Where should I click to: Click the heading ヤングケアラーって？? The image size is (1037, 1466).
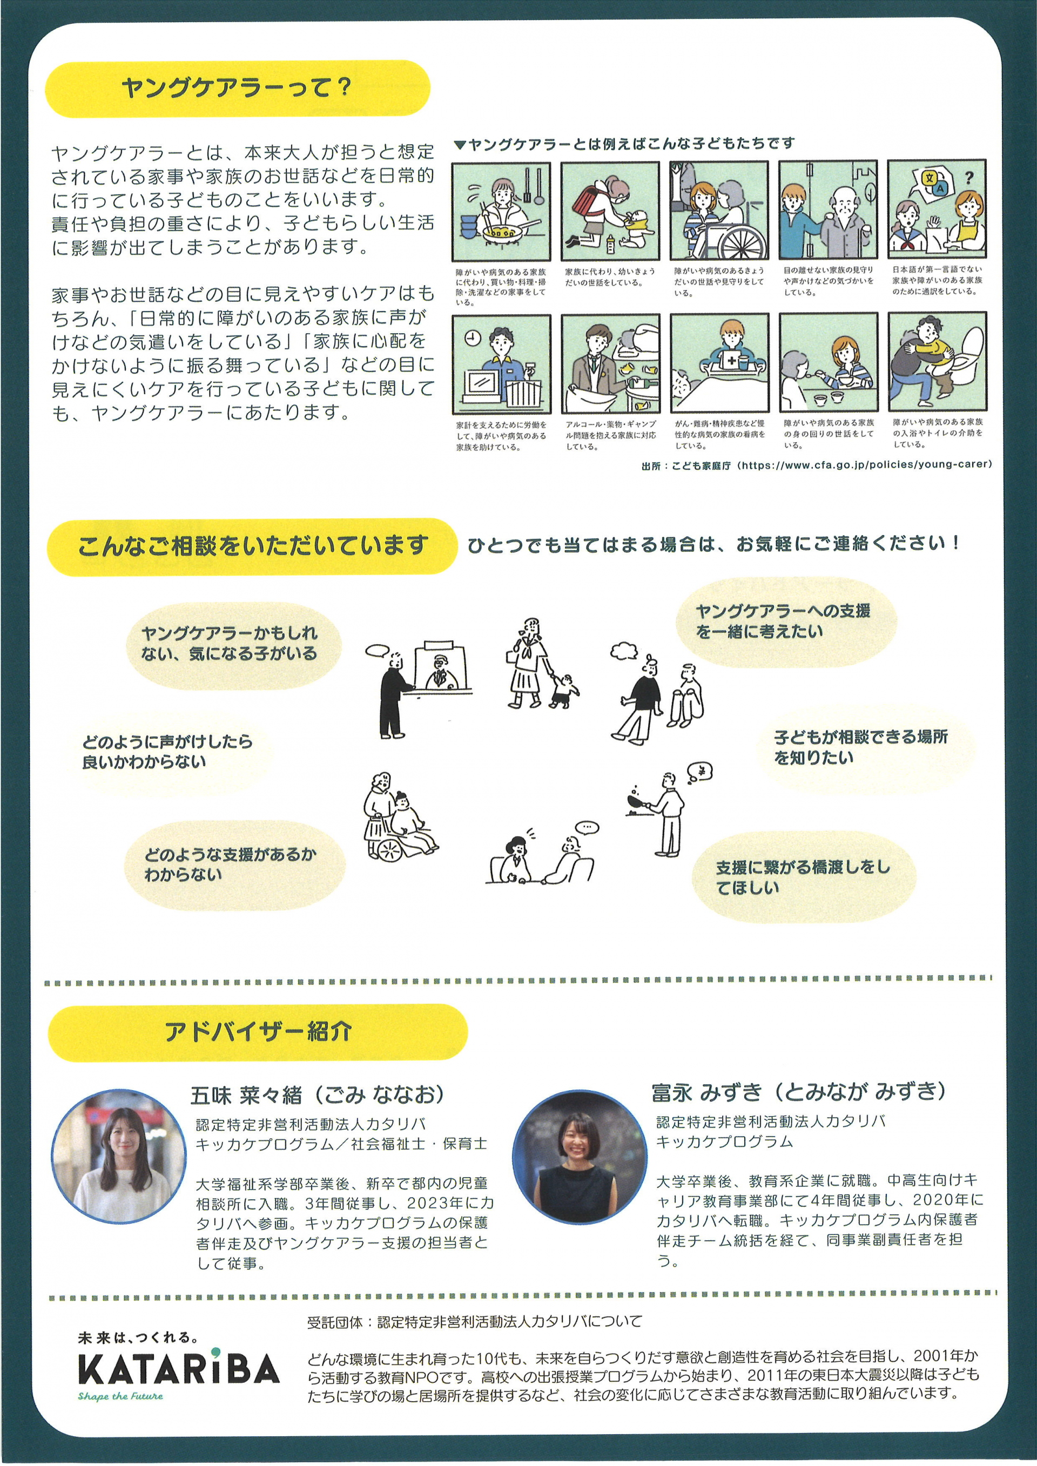coord(236,87)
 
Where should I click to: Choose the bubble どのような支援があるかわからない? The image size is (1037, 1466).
coord(231,864)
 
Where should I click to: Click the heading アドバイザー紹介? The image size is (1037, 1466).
coord(258,1031)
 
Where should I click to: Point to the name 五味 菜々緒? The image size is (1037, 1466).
coord(246,1096)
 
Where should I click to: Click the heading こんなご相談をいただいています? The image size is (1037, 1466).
coord(253,546)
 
